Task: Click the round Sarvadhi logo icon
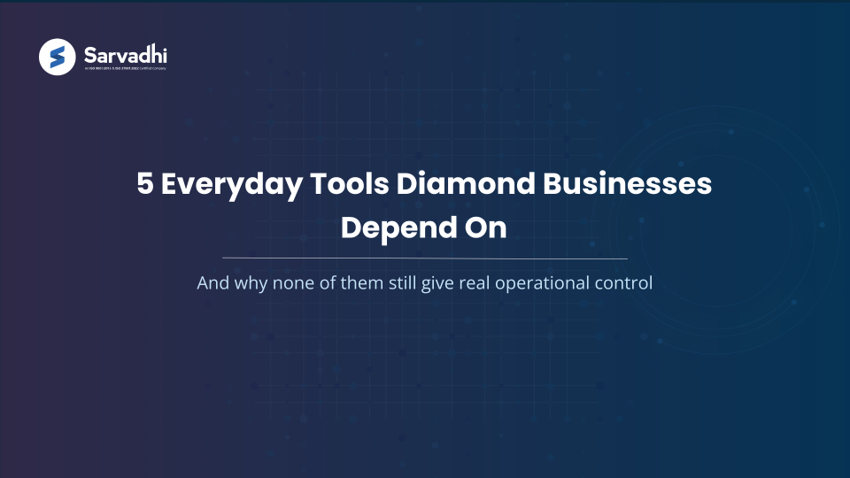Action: point(58,58)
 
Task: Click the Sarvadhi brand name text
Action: point(125,53)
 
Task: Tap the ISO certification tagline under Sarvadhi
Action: point(125,68)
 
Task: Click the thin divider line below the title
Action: point(425,258)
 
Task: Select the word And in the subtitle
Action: point(212,284)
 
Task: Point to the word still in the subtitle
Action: point(409,284)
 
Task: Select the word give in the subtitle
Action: point(447,284)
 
